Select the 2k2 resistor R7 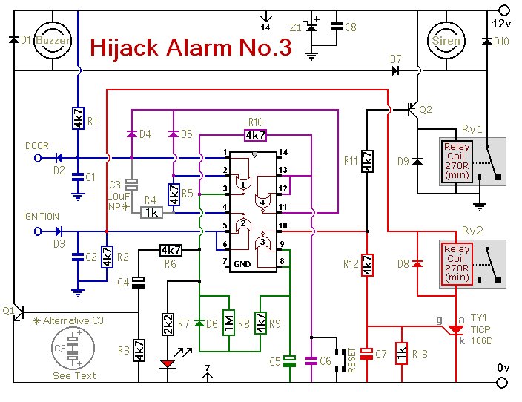click(x=168, y=324)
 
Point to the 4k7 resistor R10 click(x=255, y=135)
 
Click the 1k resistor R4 click(x=151, y=212)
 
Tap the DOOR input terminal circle click(x=38, y=158)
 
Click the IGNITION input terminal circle click(x=38, y=231)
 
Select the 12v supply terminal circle click(x=504, y=10)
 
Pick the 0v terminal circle click(x=503, y=383)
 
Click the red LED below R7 click(x=168, y=364)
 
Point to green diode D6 click(x=199, y=323)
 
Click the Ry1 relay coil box click(x=456, y=162)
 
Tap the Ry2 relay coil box click(x=456, y=264)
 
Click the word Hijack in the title click(x=124, y=47)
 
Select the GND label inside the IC click(x=242, y=264)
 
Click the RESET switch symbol click(x=340, y=360)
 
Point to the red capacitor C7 click(x=367, y=354)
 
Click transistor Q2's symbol click(x=413, y=108)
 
